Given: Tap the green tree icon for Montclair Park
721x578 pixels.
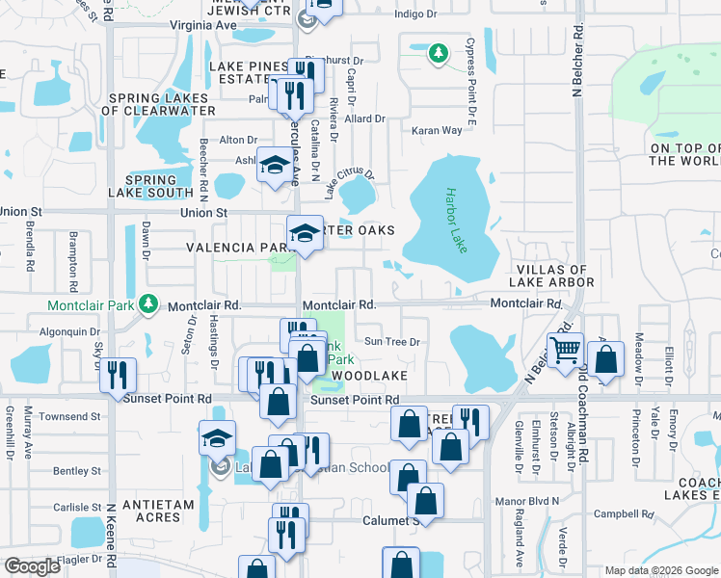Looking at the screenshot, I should click(147, 304).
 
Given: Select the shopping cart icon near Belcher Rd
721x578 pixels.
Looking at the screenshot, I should click(565, 350).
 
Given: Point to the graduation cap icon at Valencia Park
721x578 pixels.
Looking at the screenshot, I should click(305, 233).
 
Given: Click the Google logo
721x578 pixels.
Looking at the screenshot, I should click(32, 566).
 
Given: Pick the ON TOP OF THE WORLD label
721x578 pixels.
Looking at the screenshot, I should click(683, 155).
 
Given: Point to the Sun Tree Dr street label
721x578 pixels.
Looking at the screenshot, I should click(391, 341).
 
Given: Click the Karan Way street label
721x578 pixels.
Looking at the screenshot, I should click(438, 130).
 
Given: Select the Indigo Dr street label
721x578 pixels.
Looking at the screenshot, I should click(415, 14).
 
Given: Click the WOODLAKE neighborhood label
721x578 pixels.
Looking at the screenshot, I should click(368, 374).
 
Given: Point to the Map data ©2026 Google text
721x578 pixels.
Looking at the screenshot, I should click(660, 570).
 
